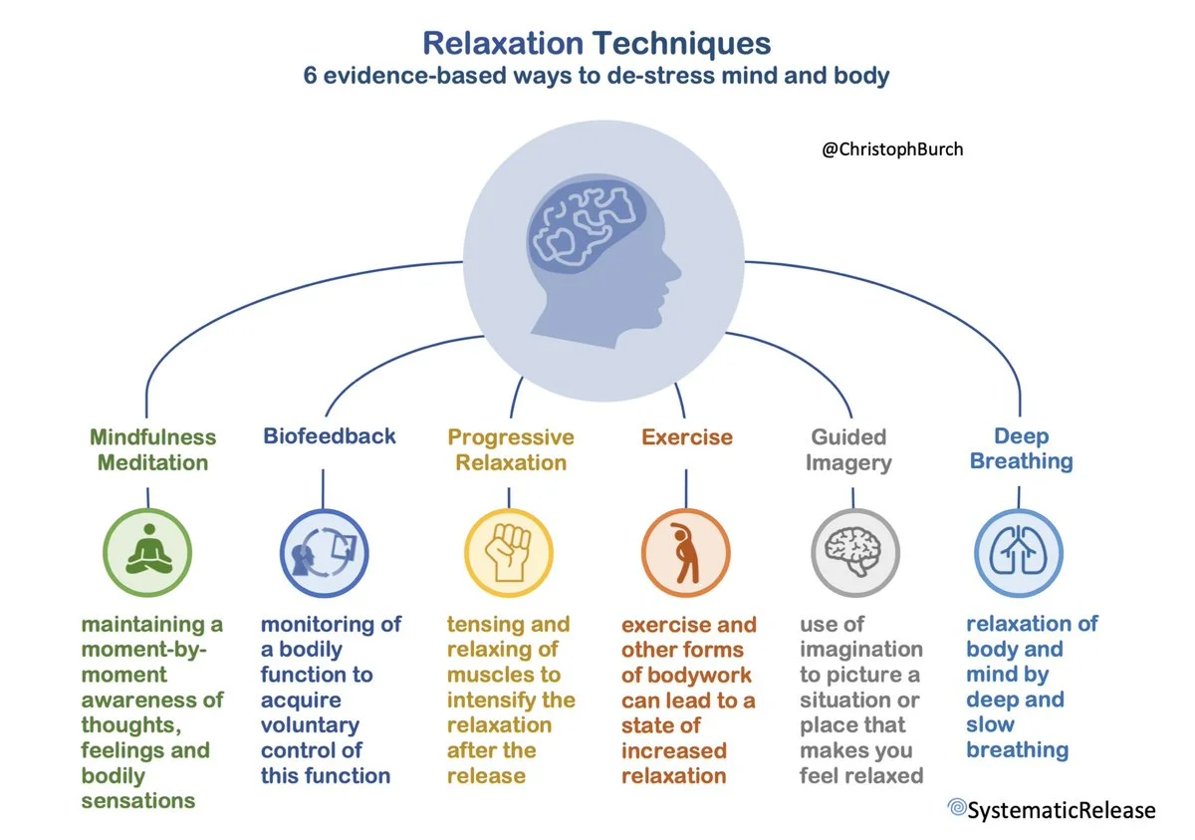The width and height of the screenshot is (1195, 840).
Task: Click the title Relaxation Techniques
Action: pyautogui.click(x=597, y=43)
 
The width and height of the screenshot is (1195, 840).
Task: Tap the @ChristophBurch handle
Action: pyautogui.click(x=892, y=149)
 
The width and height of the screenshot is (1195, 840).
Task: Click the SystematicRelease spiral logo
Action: pyautogui.click(x=957, y=806)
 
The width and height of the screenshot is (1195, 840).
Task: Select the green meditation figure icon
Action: pyautogui.click(x=149, y=549)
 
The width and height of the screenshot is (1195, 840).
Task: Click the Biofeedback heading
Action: pyautogui.click(x=330, y=436)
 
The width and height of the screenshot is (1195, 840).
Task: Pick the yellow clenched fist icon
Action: pyautogui.click(x=509, y=552)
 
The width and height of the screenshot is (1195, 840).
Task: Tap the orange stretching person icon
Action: pyautogui.click(x=685, y=552)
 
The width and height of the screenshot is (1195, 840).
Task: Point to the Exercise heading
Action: pyautogui.click(x=687, y=437)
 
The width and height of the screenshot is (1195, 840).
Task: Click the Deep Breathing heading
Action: pyautogui.click(x=1021, y=448)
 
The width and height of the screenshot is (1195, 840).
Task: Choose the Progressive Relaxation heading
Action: pyautogui.click(x=511, y=449)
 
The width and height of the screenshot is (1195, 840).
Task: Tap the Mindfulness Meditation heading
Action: pyautogui.click(x=153, y=449)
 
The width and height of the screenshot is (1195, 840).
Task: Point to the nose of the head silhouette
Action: pyautogui.click(x=676, y=270)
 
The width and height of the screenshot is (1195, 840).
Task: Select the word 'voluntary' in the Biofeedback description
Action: pyautogui.click(x=310, y=725)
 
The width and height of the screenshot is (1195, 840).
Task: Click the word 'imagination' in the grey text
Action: pyautogui.click(x=861, y=650)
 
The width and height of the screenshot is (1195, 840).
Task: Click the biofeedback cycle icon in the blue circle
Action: pyautogui.click(x=324, y=552)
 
